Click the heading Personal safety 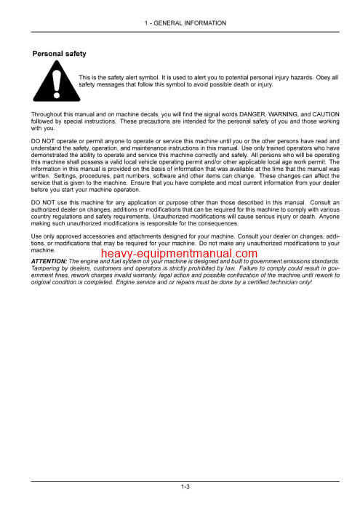click(60, 54)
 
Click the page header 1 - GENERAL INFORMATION click(185, 23)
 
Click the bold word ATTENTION click(49, 261)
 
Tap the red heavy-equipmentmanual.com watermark click(179, 254)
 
